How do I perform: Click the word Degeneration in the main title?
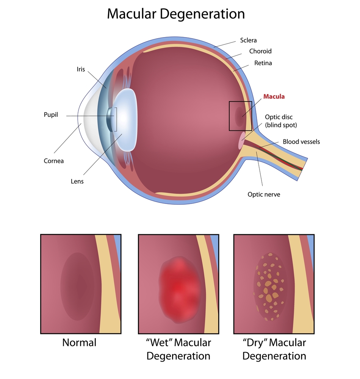(203, 14)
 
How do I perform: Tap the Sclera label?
(249, 40)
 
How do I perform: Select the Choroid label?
(260, 51)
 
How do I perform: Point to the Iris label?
(81, 69)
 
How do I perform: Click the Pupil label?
(51, 114)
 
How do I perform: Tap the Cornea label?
(54, 161)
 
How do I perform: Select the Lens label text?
(77, 181)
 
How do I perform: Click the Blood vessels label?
(301, 142)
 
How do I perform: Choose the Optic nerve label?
(264, 194)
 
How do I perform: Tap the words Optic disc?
(279, 117)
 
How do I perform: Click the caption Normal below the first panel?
(79, 343)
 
